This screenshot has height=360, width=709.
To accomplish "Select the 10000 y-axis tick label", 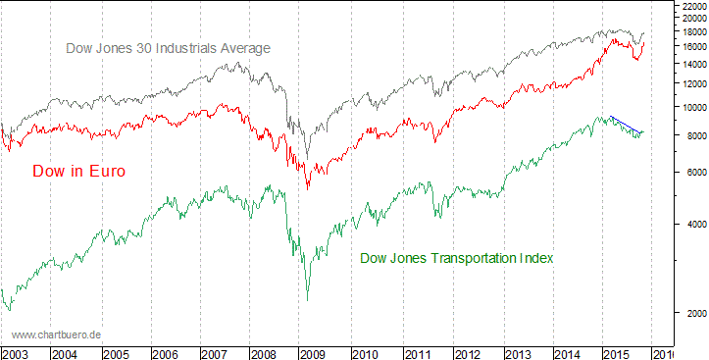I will point(691,107).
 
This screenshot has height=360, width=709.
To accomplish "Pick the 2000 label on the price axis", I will point(691,313).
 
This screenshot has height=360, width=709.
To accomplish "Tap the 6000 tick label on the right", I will point(691,172).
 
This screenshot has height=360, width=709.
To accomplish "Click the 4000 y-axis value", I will point(691,224).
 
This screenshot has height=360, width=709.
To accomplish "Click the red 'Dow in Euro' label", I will point(78,171).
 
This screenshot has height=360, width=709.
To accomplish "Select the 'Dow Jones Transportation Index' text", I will point(457,258).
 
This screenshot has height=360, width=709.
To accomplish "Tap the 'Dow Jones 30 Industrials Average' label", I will point(168,47).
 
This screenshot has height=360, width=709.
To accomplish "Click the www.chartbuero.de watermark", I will point(57,334).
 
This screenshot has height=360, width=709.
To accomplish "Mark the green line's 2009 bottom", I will point(307,300).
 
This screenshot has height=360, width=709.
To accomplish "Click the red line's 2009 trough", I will point(308,187).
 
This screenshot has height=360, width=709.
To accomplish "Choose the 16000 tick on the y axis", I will point(691,46).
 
